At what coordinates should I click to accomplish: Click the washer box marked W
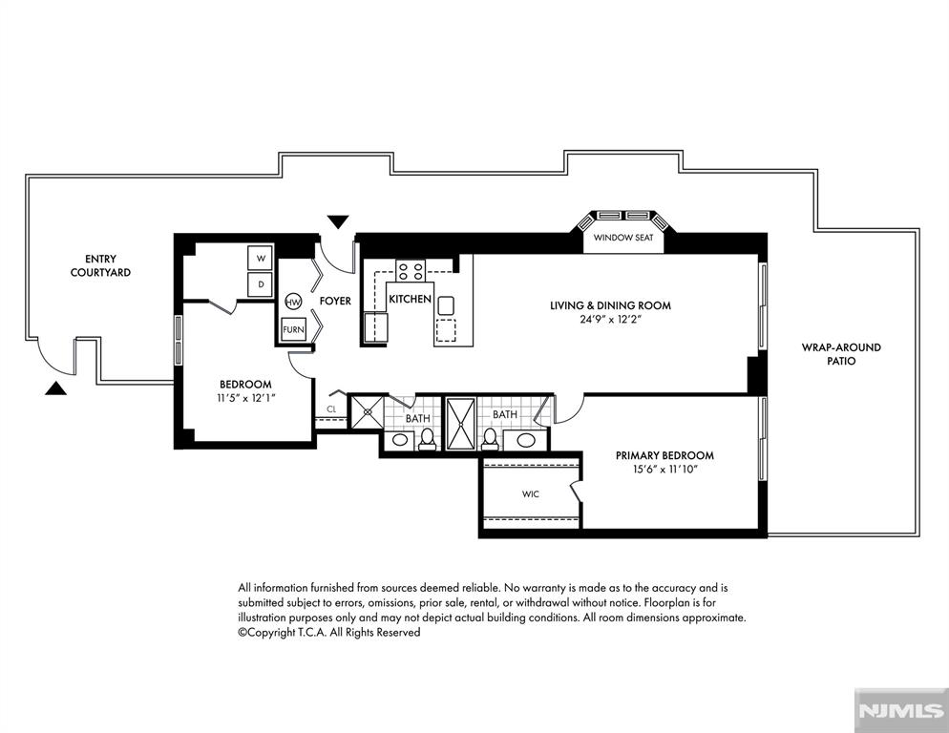[x=261, y=258]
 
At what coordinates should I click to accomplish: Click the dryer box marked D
[x=261, y=283]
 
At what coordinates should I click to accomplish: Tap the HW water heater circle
[x=293, y=302]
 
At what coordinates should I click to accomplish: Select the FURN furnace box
[x=293, y=330]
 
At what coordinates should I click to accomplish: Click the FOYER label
[x=335, y=301]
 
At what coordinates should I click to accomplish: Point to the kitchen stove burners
[x=411, y=270]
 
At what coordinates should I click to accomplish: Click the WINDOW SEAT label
[x=623, y=238]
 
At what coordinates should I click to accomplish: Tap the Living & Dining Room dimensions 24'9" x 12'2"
[x=610, y=319]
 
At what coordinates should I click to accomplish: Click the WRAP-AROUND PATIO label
[x=841, y=354]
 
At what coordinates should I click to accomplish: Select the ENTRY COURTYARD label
[x=100, y=265]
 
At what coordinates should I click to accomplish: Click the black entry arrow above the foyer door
[x=338, y=221]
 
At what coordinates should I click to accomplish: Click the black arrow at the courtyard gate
[x=55, y=388]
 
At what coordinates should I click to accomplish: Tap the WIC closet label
[x=531, y=493]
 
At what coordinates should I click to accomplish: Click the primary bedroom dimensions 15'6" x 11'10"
[x=665, y=469]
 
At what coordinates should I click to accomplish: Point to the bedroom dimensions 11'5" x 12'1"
[x=245, y=398]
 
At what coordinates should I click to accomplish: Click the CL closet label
[x=331, y=409]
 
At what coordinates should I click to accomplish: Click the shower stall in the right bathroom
[x=461, y=424]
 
